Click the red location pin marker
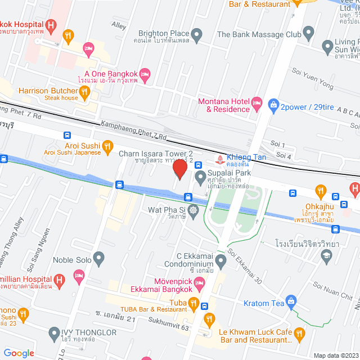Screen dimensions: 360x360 coord(180,169)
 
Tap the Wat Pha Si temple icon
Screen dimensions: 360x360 coord(194,211)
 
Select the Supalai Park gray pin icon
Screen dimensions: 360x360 coord(200,178)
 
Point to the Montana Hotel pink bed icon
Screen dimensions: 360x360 coord(257,102)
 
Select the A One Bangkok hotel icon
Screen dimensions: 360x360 coord(145,74)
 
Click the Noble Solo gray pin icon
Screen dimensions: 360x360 coord(99,260)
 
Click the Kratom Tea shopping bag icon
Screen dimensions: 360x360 coord(290,301)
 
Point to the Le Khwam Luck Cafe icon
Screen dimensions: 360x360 coord(300,335)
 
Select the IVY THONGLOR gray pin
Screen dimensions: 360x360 coord(54,332)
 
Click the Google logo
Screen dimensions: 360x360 coord(19,353)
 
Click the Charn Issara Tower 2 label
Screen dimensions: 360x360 coord(156,153)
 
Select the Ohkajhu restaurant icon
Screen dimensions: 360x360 coord(320,191)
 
